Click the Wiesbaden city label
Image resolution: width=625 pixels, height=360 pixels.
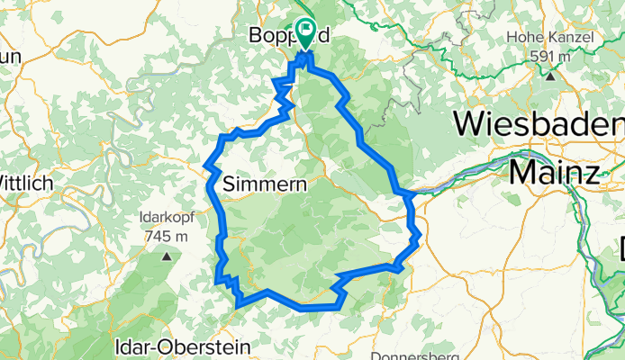[539, 122]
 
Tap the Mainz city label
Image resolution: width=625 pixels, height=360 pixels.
[552, 171]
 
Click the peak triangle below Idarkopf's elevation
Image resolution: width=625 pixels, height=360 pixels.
[167, 256]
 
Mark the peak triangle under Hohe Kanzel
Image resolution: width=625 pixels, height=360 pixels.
[548, 76]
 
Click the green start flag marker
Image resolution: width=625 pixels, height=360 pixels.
[306, 34]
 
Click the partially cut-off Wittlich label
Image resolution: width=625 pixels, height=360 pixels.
[27, 183]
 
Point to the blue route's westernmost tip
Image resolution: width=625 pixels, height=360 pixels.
[206, 166]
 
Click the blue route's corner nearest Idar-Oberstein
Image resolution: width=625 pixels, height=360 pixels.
[238, 306]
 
